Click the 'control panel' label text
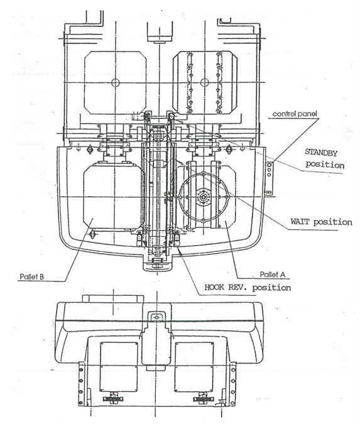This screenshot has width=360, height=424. (294, 114)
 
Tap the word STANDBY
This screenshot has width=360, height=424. (321, 153)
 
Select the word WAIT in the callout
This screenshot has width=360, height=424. (300, 222)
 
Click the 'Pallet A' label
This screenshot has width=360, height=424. (273, 275)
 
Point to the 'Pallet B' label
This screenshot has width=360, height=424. (31, 276)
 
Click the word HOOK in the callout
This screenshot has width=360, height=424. (214, 287)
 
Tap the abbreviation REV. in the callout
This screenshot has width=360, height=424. (238, 287)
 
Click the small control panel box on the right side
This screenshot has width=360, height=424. (270, 178)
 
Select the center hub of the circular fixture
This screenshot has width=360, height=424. (202, 197)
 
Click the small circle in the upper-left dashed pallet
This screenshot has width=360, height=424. (116, 82)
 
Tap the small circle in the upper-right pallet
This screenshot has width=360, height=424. (205, 82)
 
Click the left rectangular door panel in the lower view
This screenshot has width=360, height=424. (119, 367)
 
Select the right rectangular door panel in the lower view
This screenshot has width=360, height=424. (194, 367)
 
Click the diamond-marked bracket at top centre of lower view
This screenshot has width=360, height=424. (156, 317)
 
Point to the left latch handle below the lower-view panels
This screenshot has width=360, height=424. (113, 399)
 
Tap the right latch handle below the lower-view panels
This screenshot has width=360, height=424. (203, 399)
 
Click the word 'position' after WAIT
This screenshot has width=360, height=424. (333, 222)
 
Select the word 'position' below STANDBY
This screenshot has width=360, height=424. (325, 165)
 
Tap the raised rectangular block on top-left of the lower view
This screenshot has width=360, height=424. (113, 299)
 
